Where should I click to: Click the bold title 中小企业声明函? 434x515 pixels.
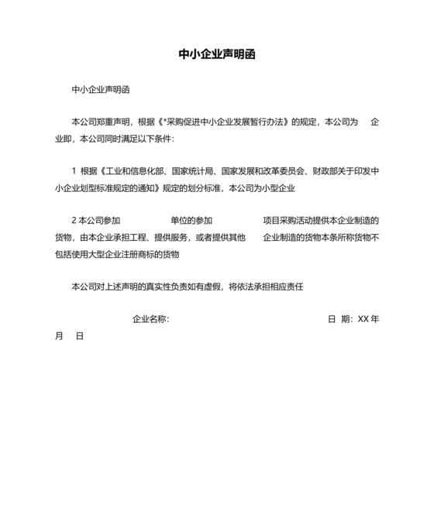217,55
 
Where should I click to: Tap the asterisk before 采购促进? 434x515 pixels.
164,122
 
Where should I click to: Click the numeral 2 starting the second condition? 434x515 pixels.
73,220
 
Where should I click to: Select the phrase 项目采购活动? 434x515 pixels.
287,220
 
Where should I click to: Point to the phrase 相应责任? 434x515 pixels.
286,287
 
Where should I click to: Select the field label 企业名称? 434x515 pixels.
149,319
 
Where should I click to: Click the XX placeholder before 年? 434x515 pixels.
363,319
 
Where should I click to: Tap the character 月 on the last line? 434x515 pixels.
59,336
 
